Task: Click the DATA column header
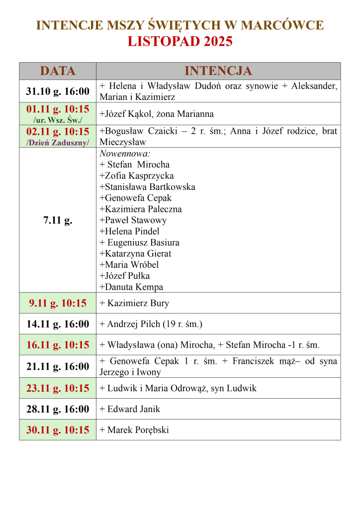click(x=58, y=71)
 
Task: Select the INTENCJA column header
click(x=218, y=71)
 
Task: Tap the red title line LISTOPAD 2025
click(x=180, y=41)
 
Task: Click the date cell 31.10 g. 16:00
click(x=58, y=91)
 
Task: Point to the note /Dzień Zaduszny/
click(x=58, y=142)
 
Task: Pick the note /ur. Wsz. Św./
click(x=58, y=120)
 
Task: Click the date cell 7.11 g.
click(x=58, y=220)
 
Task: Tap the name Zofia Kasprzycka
click(x=137, y=175)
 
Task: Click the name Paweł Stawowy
click(x=133, y=220)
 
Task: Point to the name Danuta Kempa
click(x=131, y=287)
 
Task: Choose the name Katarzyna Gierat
click(x=135, y=254)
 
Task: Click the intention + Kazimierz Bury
click(x=134, y=303)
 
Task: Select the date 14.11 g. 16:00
click(x=58, y=324)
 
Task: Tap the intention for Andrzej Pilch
click(x=151, y=324)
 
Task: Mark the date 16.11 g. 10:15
click(x=58, y=345)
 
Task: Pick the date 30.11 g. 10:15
click(x=58, y=430)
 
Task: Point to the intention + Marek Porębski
click(x=134, y=430)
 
